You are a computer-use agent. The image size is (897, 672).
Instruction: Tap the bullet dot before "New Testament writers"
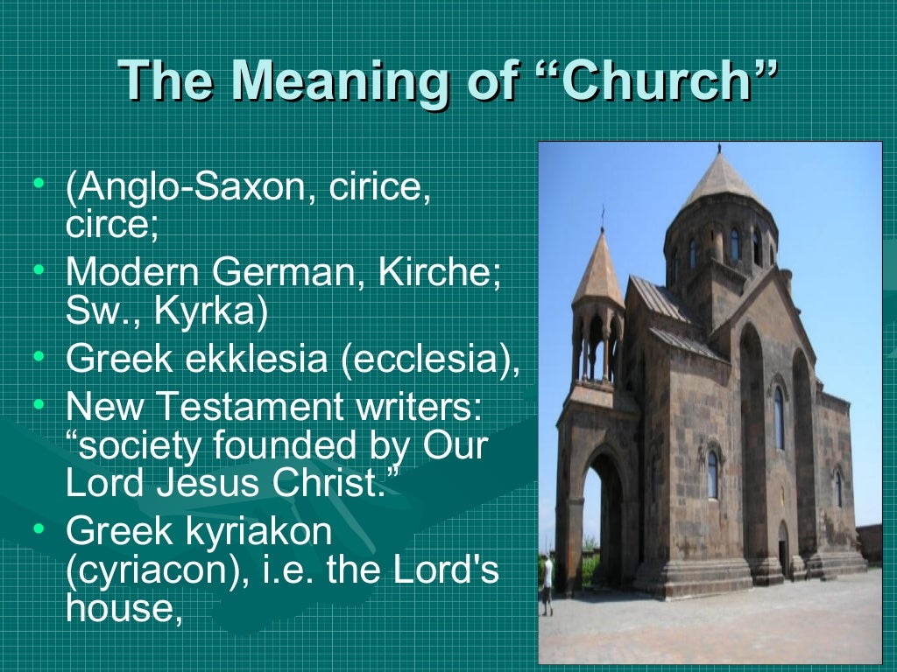point(37,403)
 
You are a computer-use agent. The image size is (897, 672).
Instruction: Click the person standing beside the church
point(547,582)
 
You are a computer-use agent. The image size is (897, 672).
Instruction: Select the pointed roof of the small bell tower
point(600,271)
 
